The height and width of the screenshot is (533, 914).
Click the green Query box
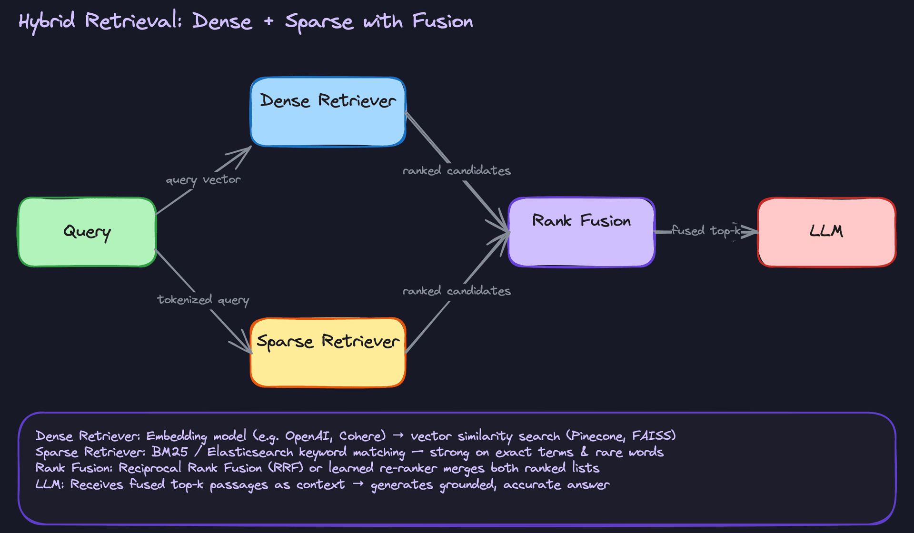87,232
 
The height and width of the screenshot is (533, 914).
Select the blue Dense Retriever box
328,112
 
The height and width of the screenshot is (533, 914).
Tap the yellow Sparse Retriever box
328,353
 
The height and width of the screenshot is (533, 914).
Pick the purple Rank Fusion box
581,232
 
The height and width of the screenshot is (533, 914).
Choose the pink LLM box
826,232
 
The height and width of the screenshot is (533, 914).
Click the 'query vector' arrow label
203,180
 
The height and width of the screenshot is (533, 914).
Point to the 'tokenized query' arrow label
203,300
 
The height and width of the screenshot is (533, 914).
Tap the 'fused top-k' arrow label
706,231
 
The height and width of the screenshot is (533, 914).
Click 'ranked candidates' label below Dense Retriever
457,170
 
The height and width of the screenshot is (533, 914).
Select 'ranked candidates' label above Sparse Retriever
457,291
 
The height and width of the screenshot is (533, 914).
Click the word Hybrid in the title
47,21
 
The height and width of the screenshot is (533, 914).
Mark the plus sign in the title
269,21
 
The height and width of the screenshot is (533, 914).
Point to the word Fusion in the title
442,21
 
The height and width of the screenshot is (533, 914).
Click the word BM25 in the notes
169,452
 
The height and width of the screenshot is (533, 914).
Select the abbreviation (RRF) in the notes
286,468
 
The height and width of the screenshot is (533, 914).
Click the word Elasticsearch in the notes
250,452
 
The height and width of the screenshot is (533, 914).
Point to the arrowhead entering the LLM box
751,232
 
